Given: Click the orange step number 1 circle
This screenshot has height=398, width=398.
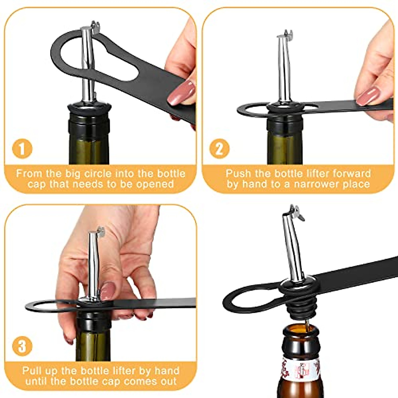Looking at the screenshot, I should [x=22, y=149].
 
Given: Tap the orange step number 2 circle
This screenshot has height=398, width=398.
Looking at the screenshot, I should [x=220, y=149].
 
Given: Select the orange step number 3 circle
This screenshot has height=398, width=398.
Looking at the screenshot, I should [x=22, y=346].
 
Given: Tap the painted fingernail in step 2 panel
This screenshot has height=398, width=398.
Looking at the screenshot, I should [x=368, y=96].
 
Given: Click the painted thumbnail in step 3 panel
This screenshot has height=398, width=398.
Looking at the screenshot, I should [x=107, y=291].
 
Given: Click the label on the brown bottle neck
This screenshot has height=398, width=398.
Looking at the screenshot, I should [x=300, y=368].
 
